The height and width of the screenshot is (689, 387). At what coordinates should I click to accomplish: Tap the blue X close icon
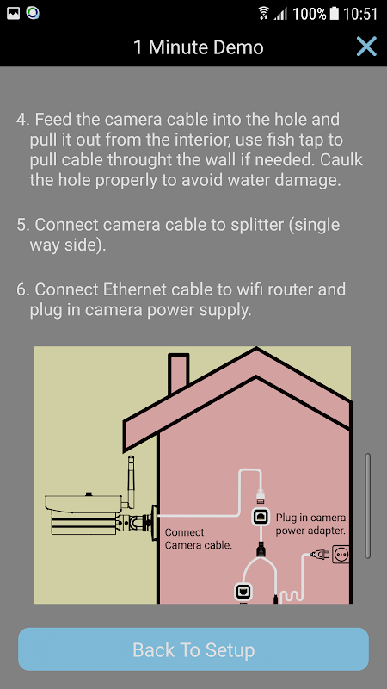click(x=366, y=47)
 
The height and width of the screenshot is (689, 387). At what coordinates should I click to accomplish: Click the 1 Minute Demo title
click(x=199, y=47)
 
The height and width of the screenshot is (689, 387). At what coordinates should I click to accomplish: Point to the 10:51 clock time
click(x=359, y=14)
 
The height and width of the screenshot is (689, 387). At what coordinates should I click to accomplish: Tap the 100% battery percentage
click(x=310, y=14)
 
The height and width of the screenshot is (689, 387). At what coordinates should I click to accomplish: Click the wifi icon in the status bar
click(x=264, y=13)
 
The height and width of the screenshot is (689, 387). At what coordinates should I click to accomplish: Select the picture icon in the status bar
click(x=14, y=14)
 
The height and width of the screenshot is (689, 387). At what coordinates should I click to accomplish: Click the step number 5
click(x=22, y=226)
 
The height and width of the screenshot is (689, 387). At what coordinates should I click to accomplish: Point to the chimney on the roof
click(x=179, y=374)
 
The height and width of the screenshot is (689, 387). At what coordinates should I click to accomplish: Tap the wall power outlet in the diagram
click(x=341, y=555)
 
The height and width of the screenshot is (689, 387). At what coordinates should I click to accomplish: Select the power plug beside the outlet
click(x=320, y=555)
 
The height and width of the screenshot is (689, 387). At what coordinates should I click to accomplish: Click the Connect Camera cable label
click(x=198, y=539)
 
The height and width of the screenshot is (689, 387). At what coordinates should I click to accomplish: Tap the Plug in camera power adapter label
click(x=310, y=525)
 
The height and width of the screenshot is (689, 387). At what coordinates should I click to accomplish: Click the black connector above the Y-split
click(x=260, y=549)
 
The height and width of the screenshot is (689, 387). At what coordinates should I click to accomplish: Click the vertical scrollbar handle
click(x=368, y=506)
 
